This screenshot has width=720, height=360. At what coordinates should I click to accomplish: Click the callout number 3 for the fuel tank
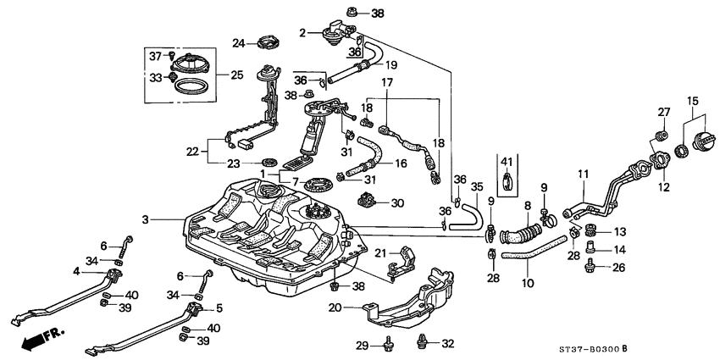coord(146,219)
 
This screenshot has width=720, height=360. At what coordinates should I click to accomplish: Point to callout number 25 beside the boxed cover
coord(236,75)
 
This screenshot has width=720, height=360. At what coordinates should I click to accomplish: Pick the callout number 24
coord(239,43)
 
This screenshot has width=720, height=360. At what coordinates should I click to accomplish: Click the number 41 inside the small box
coord(507,162)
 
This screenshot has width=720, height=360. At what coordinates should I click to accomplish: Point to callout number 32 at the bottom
coord(446,343)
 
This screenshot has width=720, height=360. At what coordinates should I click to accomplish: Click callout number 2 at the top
coord(302,33)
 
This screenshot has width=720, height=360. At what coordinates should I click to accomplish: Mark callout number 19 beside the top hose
coord(390,64)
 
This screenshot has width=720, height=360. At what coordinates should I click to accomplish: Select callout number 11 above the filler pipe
coord(583,174)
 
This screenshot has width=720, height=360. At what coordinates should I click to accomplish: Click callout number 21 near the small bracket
coord(380,253)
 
